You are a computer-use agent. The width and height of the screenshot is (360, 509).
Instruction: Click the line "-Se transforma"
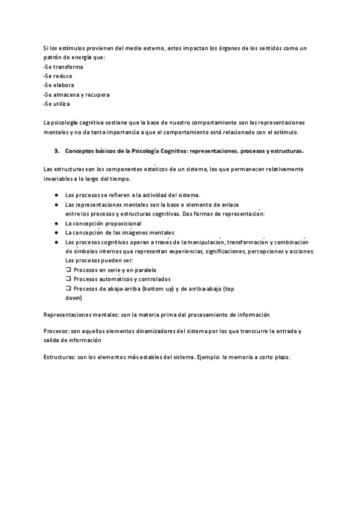[64, 67]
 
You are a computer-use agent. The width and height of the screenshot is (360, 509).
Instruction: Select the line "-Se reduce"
[59, 76]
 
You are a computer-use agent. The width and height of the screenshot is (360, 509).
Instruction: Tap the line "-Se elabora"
[59, 85]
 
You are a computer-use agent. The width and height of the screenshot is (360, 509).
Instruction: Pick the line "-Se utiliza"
[58, 104]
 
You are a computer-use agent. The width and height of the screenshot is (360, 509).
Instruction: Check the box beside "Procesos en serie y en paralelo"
[68, 270]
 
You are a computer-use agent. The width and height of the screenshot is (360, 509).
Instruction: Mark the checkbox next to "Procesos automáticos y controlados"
[68, 279]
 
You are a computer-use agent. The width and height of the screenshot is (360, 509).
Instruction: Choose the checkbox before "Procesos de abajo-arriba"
[68, 289]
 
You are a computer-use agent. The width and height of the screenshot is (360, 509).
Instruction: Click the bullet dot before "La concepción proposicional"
[55, 223]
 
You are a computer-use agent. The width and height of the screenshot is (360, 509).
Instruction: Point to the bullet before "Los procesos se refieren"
[55, 195]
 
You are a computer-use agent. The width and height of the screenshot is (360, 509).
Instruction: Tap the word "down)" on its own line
[73, 298]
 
